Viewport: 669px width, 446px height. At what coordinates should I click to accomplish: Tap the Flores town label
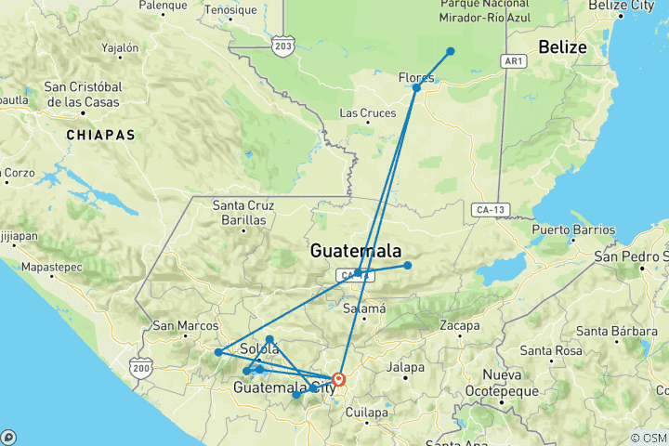click(415, 77)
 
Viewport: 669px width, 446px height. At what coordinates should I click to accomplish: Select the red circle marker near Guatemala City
click(339, 379)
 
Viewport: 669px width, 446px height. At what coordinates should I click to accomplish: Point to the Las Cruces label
click(361, 113)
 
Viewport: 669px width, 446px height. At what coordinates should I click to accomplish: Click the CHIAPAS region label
click(100, 135)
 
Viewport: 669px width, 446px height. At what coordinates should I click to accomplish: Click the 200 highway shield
click(139, 367)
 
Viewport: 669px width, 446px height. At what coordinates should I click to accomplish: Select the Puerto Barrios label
click(572, 230)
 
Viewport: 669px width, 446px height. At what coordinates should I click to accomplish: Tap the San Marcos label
click(185, 326)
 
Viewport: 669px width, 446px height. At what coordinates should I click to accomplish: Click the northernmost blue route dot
click(450, 51)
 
